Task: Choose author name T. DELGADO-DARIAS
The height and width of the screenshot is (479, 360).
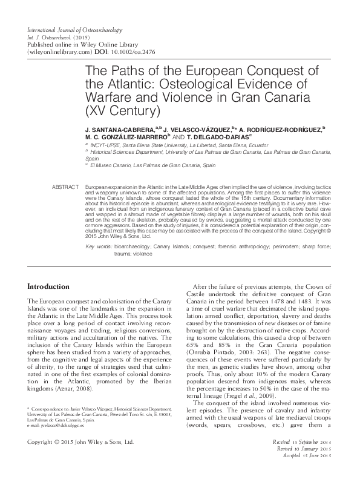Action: click(235, 137)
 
